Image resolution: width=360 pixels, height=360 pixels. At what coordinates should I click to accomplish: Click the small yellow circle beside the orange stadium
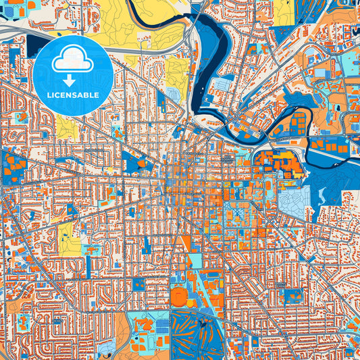(195, 290)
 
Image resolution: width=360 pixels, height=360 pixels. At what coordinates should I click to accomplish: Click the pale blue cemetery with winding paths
(294, 198)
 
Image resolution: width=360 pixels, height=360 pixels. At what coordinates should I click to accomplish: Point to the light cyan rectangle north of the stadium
(194, 261)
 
